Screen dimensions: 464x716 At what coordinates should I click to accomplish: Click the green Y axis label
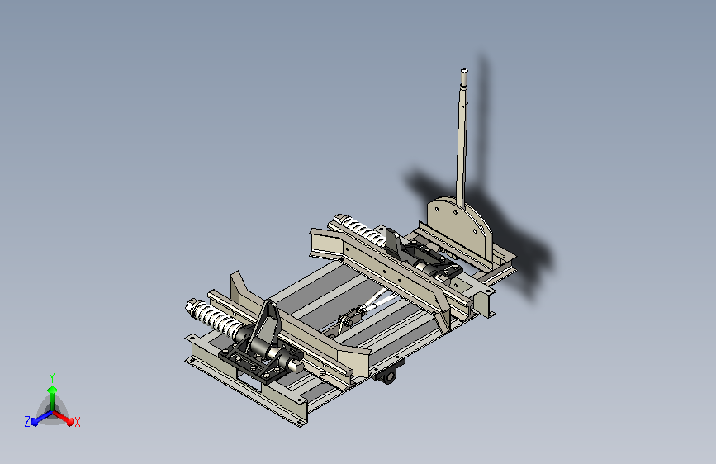coord(51,376)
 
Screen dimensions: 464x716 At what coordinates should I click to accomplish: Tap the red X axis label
coord(77,422)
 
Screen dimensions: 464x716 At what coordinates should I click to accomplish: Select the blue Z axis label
coord(27,421)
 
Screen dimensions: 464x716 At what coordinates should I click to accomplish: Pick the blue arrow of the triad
coord(37,419)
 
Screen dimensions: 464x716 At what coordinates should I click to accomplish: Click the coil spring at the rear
coord(357,229)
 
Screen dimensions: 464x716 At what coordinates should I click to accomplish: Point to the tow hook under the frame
coord(389,376)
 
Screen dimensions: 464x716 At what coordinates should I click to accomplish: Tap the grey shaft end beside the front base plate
coord(293,361)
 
